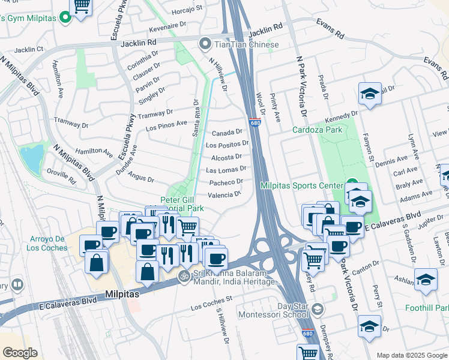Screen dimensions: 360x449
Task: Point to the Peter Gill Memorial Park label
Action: pos(182,204)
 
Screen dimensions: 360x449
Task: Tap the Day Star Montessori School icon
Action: pos(318,310)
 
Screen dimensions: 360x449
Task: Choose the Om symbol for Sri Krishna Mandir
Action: pos(184,277)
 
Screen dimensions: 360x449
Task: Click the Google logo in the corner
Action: pos(20,353)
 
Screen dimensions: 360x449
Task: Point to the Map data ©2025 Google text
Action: pos(412,355)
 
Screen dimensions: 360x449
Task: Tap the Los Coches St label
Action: pos(211,302)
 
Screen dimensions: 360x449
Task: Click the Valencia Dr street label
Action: pos(224,194)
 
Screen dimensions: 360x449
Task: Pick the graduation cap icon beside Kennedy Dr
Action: pos(370,94)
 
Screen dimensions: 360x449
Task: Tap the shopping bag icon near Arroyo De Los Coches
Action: pos(96,262)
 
